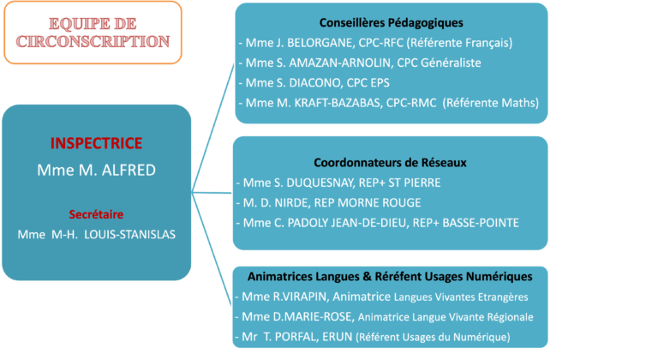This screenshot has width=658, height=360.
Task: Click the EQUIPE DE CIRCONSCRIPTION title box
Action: coord(92,33)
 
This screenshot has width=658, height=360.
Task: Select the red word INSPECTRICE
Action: coord(96,143)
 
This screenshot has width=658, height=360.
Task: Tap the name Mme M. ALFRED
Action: coord(96,170)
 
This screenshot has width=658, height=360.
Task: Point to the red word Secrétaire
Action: coord(96,213)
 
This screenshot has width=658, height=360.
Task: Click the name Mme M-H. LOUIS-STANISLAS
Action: coord(96,233)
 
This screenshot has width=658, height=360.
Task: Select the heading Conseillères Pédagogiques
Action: coord(390,22)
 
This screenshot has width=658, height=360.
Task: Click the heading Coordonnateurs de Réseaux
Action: coord(390,162)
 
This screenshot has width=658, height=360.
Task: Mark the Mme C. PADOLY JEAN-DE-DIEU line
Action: coord(377,223)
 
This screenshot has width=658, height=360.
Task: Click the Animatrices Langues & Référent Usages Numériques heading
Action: coord(390,277)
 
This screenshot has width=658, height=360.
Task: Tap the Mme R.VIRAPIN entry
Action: coord(380,297)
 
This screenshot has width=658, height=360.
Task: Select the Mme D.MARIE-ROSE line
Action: coord(383,317)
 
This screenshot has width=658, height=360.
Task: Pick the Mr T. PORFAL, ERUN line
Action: coord(372,337)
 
